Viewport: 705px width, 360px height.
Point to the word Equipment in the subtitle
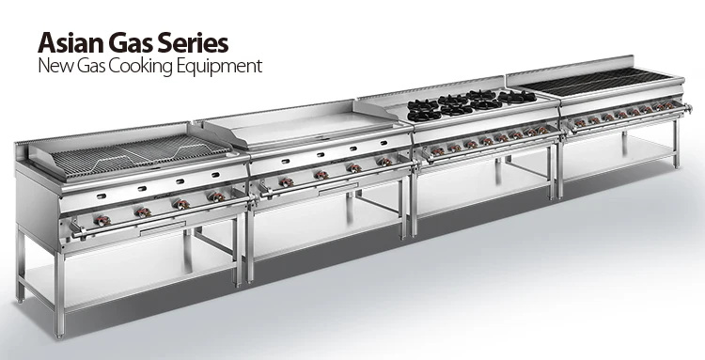[219, 67]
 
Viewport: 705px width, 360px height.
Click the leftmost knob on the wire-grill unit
[102, 221]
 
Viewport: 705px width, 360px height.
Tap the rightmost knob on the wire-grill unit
[217, 196]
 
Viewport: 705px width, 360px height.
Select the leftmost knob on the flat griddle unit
[287, 182]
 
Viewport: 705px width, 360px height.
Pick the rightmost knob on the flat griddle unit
[384, 162]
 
